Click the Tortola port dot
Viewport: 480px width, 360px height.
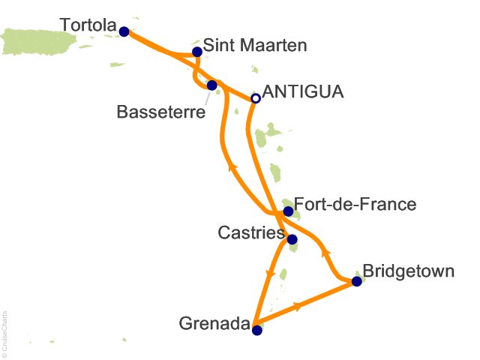124,31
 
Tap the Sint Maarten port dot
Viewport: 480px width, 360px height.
196,52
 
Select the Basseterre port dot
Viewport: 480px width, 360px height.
212,85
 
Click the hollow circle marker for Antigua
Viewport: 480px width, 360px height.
255,98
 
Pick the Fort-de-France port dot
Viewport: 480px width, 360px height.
288,211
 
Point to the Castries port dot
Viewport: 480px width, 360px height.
292,240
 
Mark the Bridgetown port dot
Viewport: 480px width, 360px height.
356,281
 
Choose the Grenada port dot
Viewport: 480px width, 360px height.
256,329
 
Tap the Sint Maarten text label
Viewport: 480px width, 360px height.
255,46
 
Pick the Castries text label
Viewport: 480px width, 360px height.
250,234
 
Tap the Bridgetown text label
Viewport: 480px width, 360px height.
408,270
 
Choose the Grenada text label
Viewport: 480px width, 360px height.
214,325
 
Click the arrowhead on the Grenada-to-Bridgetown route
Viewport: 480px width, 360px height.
299,306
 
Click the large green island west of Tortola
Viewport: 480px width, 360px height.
45,41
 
